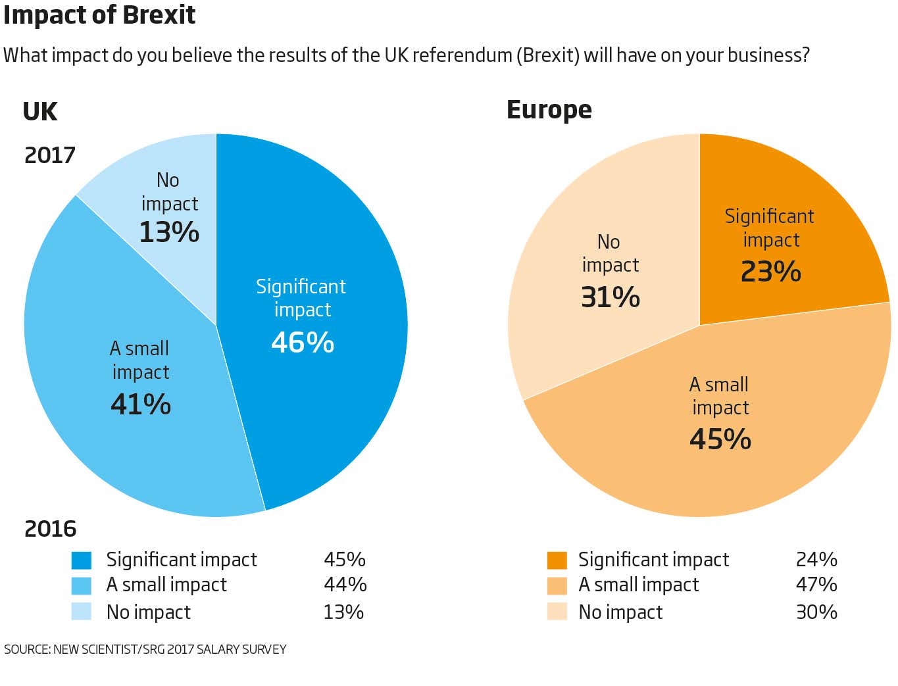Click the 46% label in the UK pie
click(303, 343)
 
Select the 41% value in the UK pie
click(141, 404)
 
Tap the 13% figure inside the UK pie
click(169, 232)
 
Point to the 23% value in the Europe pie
click(771, 272)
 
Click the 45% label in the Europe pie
click(720, 439)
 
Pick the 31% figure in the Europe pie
click(611, 297)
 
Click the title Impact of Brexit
click(99, 14)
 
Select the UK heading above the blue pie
click(40, 112)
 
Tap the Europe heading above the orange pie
click(549, 110)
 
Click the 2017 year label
click(50, 155)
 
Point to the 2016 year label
click(50, 529)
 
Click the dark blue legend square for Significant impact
click(82, 560)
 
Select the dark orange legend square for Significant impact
click(557, 560)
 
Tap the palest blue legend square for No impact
click(82, 612)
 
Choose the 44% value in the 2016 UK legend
click(345, 585)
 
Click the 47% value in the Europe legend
click(816, 585)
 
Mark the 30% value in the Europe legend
click(816, 612)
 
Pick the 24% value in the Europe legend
click(816, 560)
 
